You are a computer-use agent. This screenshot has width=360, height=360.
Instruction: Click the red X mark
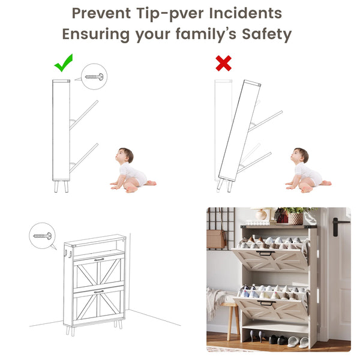[x=224, y=63]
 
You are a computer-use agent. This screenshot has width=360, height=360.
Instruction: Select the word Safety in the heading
[x=267, y=34]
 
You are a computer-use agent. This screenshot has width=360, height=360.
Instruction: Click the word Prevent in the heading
[x=101, y=13]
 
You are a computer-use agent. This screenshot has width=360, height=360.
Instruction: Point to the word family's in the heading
[x=206, y=34]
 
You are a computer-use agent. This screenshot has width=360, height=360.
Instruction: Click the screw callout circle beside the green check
[x=94, y=76]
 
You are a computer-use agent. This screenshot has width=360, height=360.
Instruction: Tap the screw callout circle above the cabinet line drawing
[x=42, y=236]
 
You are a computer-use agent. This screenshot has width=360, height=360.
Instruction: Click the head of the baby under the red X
[x=299, y=155]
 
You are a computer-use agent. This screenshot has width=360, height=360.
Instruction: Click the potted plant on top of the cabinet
[x=296, y=216]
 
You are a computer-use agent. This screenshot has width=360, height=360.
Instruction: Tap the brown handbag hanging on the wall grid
[x=216, y=239]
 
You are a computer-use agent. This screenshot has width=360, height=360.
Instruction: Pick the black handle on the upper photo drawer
[x=265, y=253]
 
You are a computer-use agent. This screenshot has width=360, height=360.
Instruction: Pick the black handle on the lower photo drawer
[x=266, y=303]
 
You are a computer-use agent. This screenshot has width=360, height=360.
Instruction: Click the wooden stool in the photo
[x=230, y=321]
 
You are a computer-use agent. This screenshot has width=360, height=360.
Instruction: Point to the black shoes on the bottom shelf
[x=278, y=340]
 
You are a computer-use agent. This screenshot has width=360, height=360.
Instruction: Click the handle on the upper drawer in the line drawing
[x=99, y=259]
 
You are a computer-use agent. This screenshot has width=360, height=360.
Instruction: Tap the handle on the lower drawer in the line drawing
[x=99, y=292]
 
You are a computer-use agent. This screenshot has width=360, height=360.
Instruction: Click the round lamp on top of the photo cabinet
[x=261, y=214]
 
